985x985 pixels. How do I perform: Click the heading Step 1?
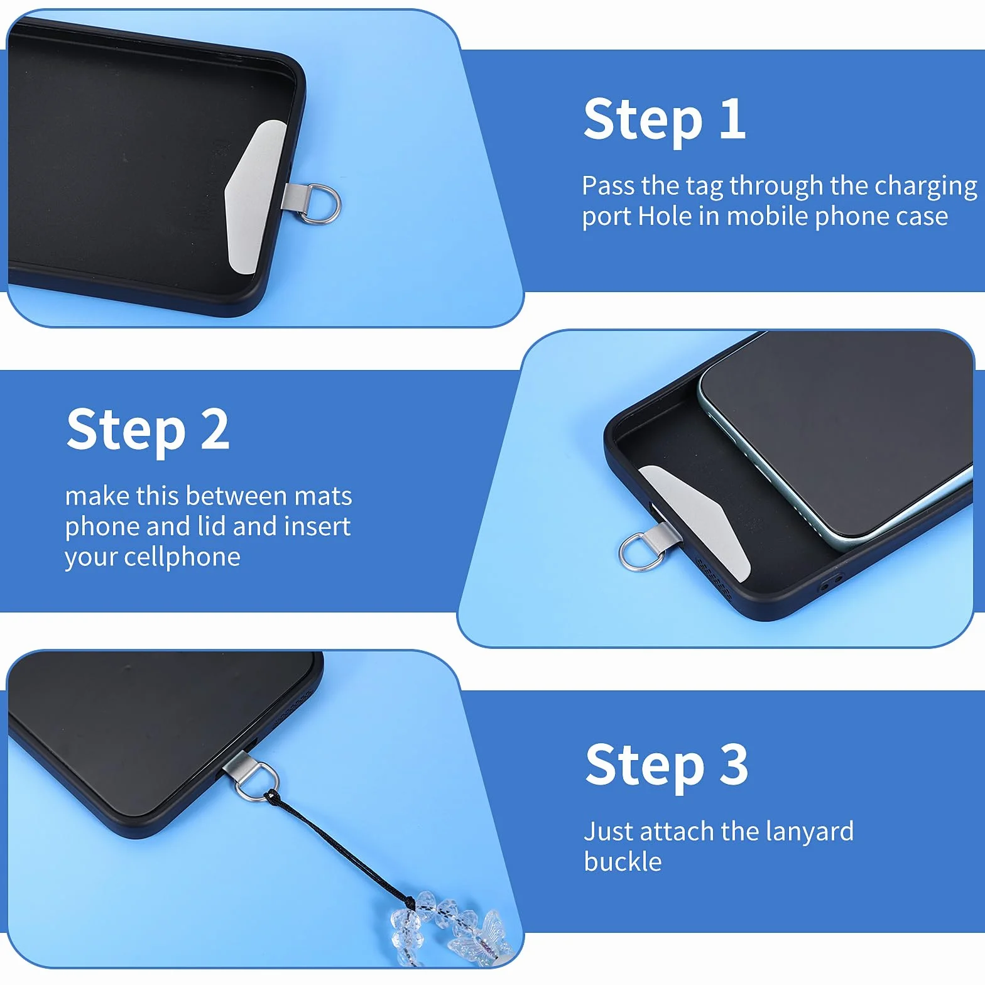pos(665,120)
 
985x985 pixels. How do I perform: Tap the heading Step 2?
pos(148,430)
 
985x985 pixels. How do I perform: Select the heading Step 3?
pos(667,765)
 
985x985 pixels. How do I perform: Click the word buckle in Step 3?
pos(623,862)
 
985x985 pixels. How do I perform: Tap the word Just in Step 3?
pos(608,831)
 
